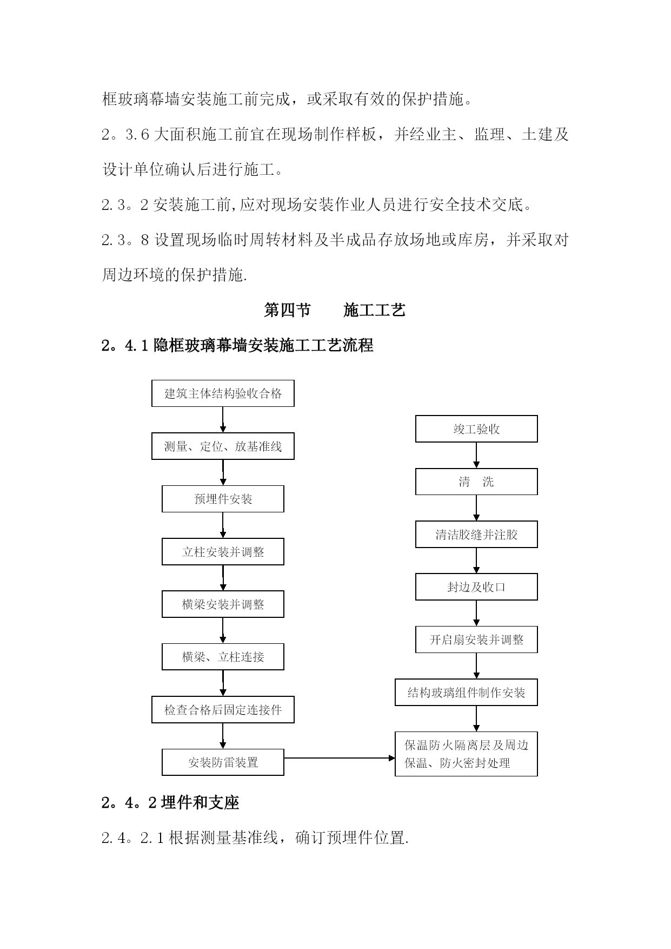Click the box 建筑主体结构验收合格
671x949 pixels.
(x=223, y=393)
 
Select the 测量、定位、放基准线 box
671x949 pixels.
(x=223, y=446)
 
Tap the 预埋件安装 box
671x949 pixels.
(x=223, y=499)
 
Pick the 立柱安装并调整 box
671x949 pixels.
(x=223, y=552)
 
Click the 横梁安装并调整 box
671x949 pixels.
(x=223, y=604)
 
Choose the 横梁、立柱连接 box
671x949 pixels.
(x=223, y=657)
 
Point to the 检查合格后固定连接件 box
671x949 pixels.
(x=223, y=710)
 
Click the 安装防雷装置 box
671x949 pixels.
(x=223, y=762)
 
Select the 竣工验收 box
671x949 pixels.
(x=476, y=429)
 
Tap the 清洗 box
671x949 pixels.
(x=476, y=482)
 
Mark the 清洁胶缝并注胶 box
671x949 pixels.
(x=476, y=535)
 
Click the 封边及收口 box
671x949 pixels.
(x=476, y=587)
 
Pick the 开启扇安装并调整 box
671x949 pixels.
(x=476, y=640)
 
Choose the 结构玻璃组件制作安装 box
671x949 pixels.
(x=466, y=693)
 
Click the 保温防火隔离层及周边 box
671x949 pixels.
(x=466, y=754)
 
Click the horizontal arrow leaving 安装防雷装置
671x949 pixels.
(x=340, y=759)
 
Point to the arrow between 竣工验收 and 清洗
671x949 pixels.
(x=476, y=455)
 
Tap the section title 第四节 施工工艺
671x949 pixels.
(x=335, y=311)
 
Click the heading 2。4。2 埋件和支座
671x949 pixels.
(x=170, y=802)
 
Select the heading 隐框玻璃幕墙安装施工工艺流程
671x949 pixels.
(x=264, y=345)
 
